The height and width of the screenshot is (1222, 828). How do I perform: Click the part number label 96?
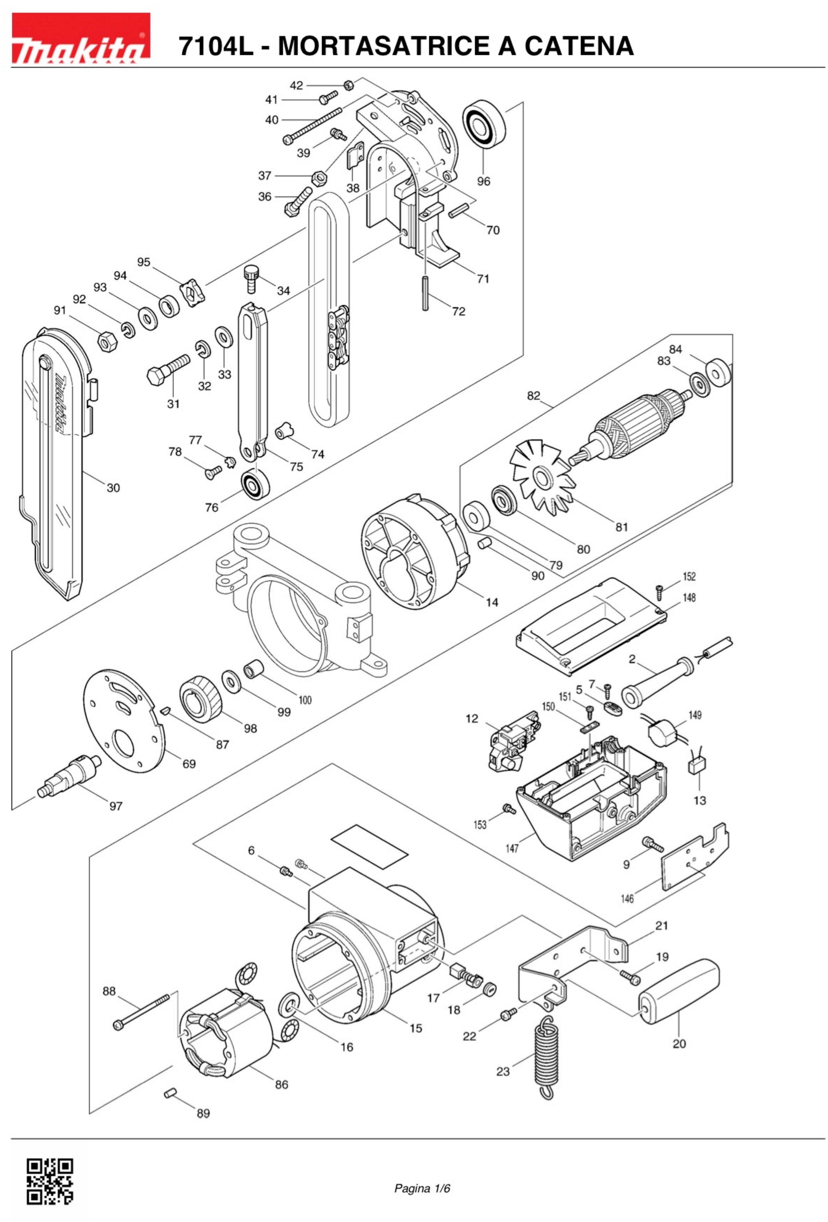pos(483,181)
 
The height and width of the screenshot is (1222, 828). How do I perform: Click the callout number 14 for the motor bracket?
pos(492,602)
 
